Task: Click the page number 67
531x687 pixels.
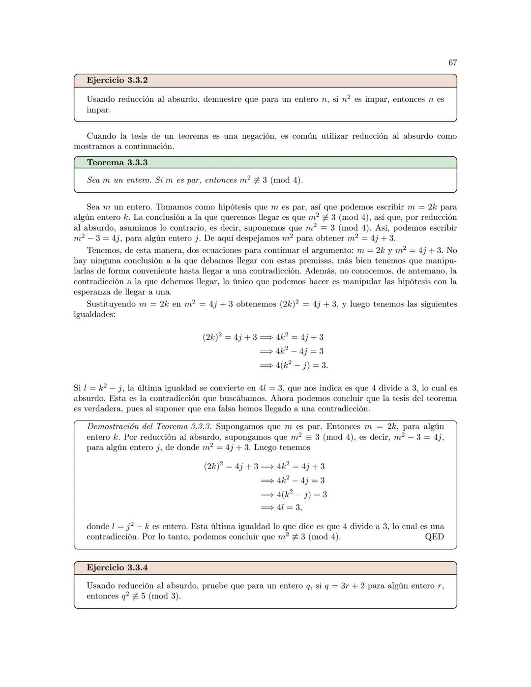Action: pyautogui.click(x=452, y=62)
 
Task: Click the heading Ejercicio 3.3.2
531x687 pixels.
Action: pyautogui.click(x=117, y=80)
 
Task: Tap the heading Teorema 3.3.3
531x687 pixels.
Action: pyautogui.click(x=117, y=162)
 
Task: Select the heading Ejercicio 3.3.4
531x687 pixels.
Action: pyautogui.click(x=117, y=568)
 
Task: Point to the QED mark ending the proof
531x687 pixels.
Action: pyautogui.click(x=434, y=537)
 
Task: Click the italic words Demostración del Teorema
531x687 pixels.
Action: pyautogui.click(x=138, y=426)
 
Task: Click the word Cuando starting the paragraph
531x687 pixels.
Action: pyautogui.click(x=101, y=136)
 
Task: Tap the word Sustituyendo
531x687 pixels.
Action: pyautogui.click(x=111, y=304)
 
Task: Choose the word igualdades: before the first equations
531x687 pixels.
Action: pyautogui.click(x=94, y=314)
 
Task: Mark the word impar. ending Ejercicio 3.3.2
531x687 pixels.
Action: pyautogui.click(x=99, y=110)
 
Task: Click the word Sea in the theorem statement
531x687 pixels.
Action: pyautogui.click(x=93, y=180)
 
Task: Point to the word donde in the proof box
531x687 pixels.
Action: pyautogui.click(x=97, y=526)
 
